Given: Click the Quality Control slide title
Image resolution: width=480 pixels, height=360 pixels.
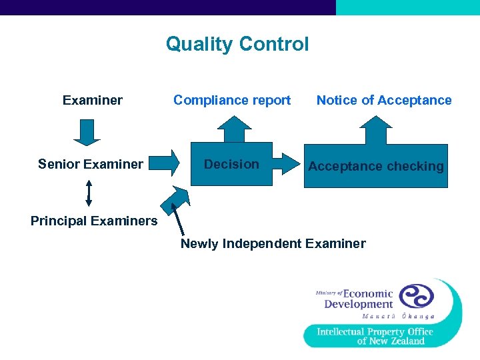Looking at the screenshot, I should [237, 44].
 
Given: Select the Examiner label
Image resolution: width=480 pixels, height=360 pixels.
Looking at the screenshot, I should [93, 101].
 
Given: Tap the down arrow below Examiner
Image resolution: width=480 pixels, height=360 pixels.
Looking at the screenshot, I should [87, 132].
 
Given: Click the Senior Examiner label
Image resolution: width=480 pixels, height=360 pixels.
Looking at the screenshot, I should [91, 164].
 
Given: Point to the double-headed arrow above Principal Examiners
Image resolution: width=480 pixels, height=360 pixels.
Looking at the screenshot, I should [89, 193].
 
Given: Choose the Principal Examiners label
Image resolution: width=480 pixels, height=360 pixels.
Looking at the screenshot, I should [94, 221].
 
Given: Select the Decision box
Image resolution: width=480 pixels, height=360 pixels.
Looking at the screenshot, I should [231, 164].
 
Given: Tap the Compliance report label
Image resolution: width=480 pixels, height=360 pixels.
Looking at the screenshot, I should [232, 101].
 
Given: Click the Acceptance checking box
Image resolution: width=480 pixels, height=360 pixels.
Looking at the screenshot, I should [376, 166].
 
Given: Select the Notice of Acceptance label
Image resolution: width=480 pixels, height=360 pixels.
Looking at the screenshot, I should [384, 101].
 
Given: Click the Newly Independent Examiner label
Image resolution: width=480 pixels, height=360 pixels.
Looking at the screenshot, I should [273, 243].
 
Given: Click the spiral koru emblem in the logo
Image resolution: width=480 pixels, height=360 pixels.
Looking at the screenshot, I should [416, 296].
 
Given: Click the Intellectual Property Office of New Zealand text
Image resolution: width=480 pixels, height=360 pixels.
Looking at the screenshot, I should [375, 336].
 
